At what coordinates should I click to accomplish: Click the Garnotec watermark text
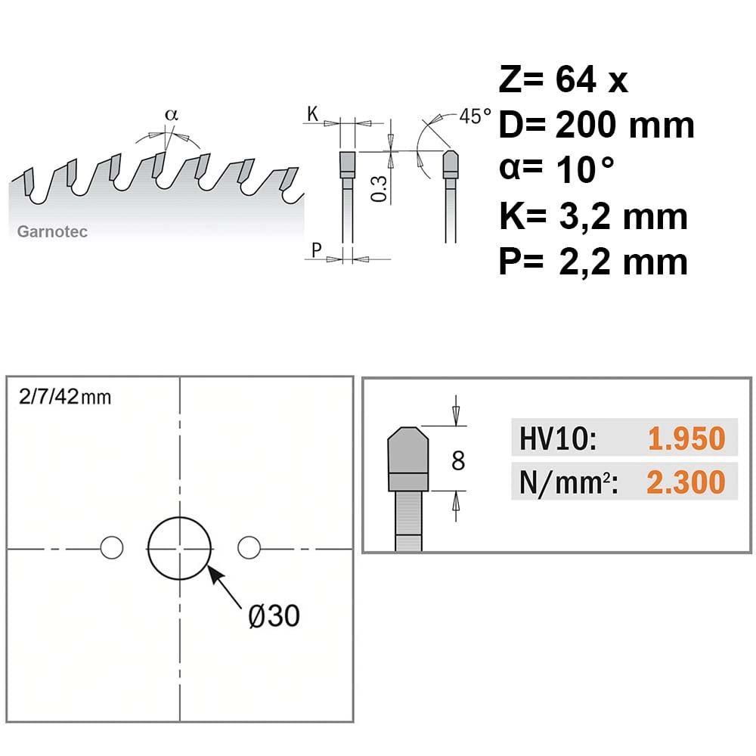click(52, 232)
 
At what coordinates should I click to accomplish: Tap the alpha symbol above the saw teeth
click(172, 115)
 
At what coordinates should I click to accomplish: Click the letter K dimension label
click(312, 114)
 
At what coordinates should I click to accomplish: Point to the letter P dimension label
click(316, 250)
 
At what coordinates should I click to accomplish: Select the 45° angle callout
click(475, 116)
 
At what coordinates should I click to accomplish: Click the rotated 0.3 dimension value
click(380, 188)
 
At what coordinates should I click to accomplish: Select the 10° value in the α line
click(585, 169)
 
